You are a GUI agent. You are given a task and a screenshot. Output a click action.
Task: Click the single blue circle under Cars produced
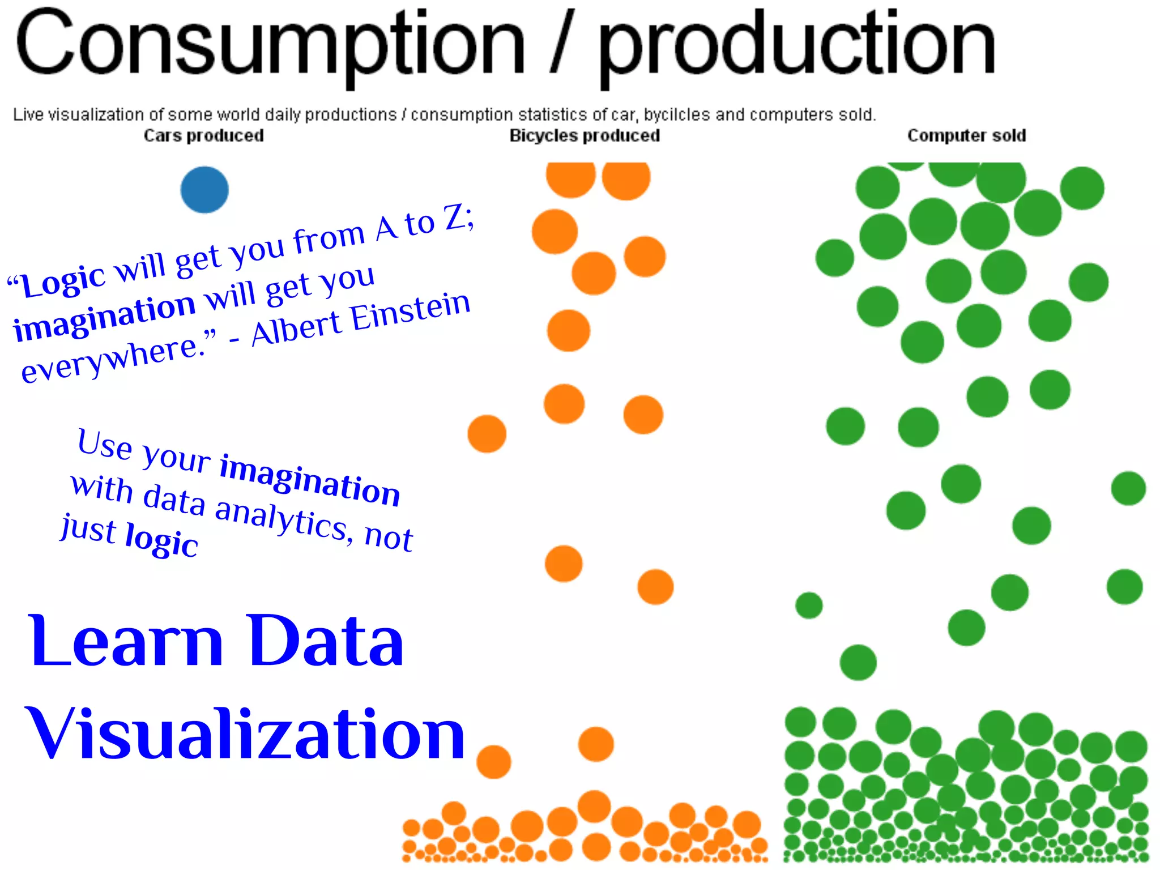pyautogui.click(x=204, y=190)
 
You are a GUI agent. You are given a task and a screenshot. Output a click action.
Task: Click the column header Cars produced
pyautogui.click(x=203, y=136)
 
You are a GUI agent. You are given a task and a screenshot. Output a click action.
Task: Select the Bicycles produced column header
pyautogui.click(x=585, y=136)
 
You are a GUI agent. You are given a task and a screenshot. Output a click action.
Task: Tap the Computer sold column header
pyautogui.click(x=966, y=136)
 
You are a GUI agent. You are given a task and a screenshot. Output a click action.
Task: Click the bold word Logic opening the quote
pyautogui.click(x=63, y=280)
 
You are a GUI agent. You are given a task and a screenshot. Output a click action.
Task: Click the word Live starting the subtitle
pyautogui.click(x=28, y=115)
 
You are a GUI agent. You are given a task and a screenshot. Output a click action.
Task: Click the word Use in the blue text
pyautogui.click(x=105, y=443)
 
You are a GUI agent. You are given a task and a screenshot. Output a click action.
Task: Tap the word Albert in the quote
pyautogui.click(x=296, y=327)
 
